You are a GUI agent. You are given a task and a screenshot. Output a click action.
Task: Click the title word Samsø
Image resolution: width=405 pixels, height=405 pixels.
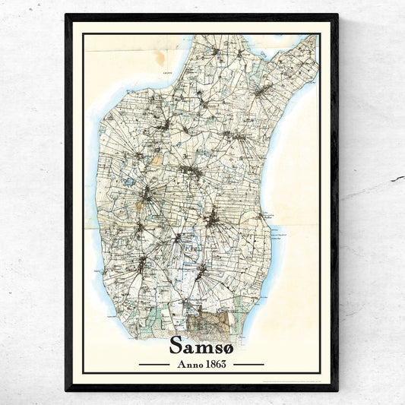click(202, 345)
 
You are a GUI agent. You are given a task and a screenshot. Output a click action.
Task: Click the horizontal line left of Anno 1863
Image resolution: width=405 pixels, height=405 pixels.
click(154, 364)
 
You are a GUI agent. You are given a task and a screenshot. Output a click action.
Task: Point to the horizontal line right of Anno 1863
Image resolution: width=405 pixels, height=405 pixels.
click(248, 364)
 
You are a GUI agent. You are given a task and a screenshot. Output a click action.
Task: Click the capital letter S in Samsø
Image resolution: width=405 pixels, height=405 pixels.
click(177, 345)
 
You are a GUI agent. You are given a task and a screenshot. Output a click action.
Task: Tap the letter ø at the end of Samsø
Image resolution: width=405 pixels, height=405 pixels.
click(228, 346)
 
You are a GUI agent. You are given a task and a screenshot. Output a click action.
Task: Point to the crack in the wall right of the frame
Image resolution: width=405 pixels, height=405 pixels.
click(397, 179)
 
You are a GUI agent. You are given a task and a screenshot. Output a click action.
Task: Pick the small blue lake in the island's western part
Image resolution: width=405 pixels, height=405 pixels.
click(130, 182)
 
